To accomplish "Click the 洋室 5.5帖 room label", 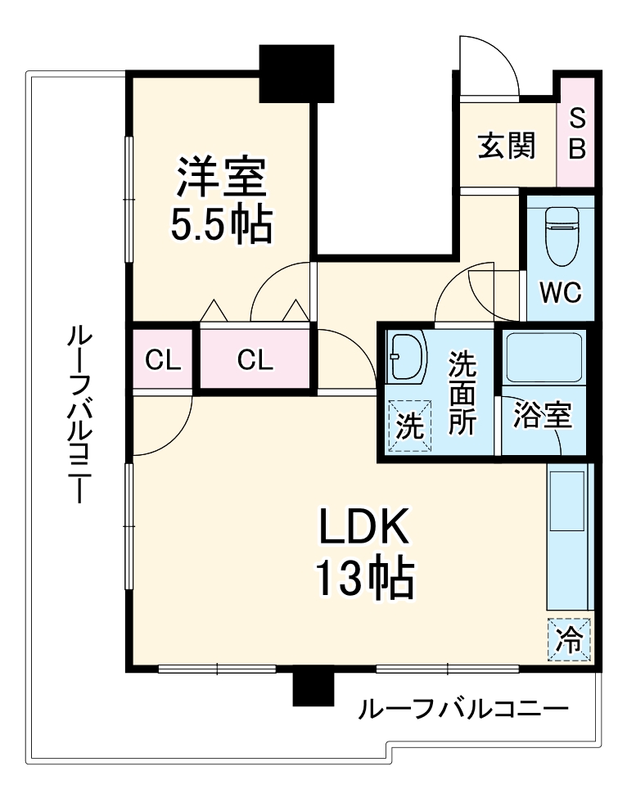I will point(219,200).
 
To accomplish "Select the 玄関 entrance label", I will point(507,147).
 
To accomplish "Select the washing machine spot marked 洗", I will point(409,426).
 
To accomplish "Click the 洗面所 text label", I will point(463,393).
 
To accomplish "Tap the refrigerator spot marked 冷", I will point(569,637).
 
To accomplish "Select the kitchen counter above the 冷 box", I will point(567,536).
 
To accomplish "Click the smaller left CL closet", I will point(163,360).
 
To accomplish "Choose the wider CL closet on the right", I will point(255,360).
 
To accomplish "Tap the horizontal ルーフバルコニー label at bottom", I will point(462,709).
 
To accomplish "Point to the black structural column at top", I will point(296,74).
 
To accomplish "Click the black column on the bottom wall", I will point(313,687).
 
